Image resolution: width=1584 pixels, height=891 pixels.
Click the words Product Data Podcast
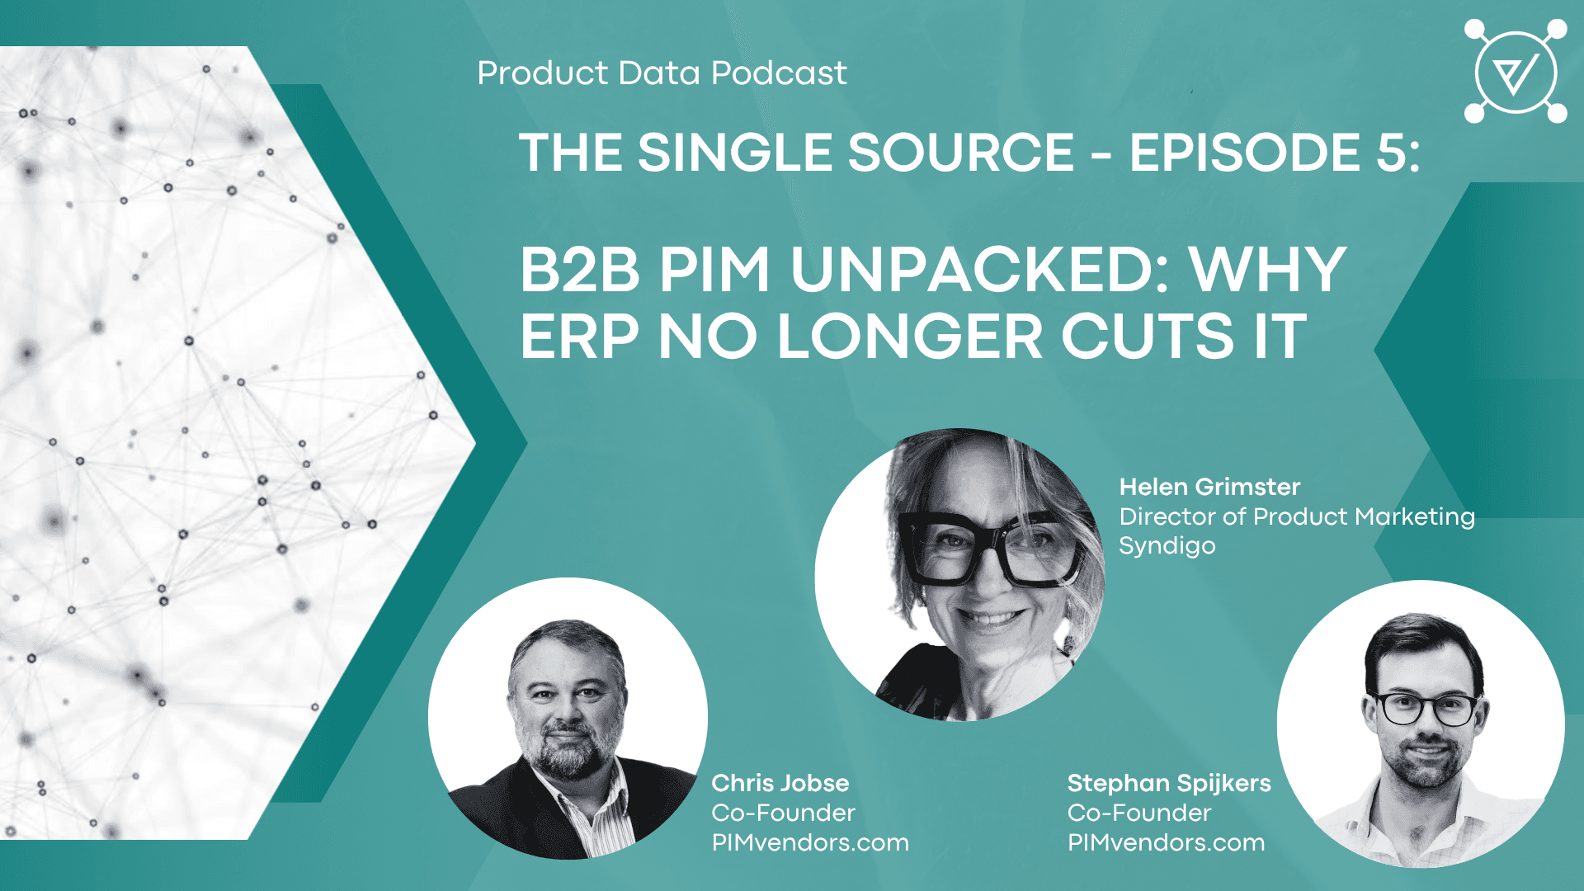tap(662, 73)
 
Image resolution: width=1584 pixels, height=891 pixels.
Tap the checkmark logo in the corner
tap(1516, 72)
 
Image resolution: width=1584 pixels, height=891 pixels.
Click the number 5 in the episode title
tap(1391, 153)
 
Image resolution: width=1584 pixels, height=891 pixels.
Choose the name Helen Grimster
tap(1209, 487)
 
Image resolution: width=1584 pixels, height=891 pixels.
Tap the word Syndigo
tap(1167, 546)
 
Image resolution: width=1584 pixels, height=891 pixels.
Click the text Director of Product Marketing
tap(1297, 516)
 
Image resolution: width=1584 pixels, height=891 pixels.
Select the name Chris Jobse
tap(780, 783)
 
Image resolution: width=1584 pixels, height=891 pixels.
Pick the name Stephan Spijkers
tap(1169, 784)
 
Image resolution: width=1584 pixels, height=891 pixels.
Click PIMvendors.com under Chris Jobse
tap(810, 842)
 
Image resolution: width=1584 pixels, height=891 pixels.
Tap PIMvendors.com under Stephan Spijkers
tap(1166, 842)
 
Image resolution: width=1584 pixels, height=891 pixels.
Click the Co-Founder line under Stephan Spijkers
tap(1139, 813)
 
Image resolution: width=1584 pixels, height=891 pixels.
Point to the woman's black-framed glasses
tap(990, 548)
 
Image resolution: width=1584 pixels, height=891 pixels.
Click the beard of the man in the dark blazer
tap(568, 747)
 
